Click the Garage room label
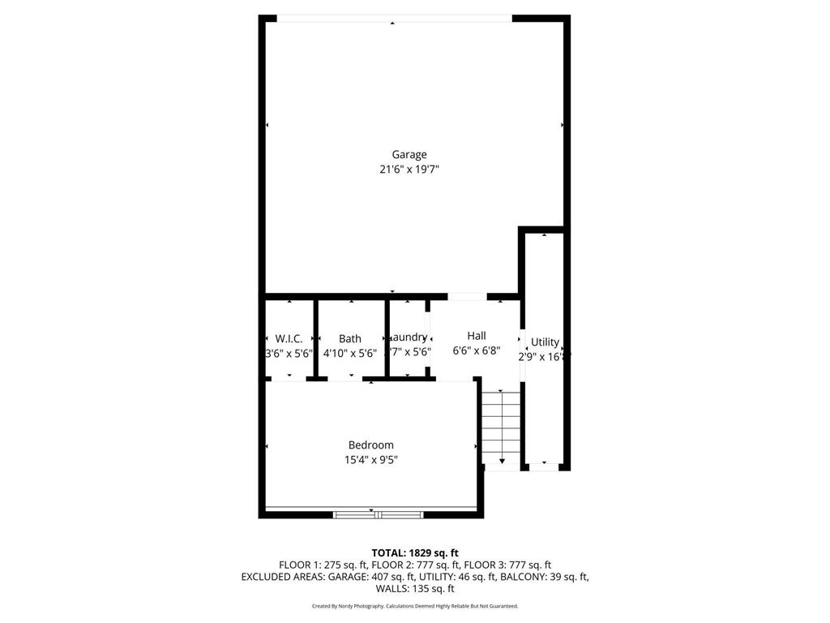click(x=409, y=154)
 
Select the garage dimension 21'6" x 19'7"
click(x=409, y=170)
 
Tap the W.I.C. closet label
click(x=289, y=338)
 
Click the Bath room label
click(x=350, y=338)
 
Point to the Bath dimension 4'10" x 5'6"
click(x=350, y=354)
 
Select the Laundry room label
click(x=409, y=337)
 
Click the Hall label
click(x=476, y=335)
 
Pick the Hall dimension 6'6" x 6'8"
click(x=476, y=351)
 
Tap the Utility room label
click(x=545, y=342)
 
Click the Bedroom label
click(x=370, y=445)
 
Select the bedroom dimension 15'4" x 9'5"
click(x=370, y=460)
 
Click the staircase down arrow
click(x=502, y=461)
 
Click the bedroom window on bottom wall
click(x=378, y=513)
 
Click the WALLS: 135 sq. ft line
click(x=414, y=589)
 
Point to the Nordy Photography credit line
click(x=414, y=606)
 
